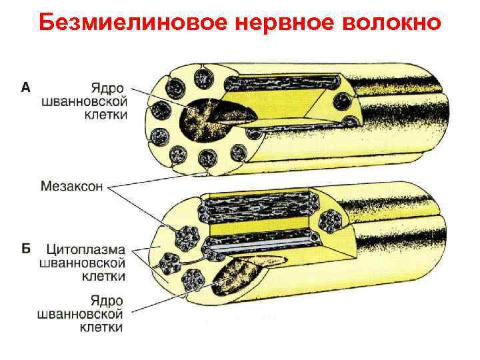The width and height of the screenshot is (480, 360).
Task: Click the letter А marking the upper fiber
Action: [x=25, y=87]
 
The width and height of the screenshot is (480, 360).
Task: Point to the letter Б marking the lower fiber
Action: [x=25, y=249]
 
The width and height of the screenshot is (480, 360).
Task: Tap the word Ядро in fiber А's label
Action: [x=108, y=88]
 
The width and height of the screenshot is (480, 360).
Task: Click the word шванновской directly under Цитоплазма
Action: [x=85, y=262]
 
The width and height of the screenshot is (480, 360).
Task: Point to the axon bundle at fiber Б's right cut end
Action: [x=329, y=220]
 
